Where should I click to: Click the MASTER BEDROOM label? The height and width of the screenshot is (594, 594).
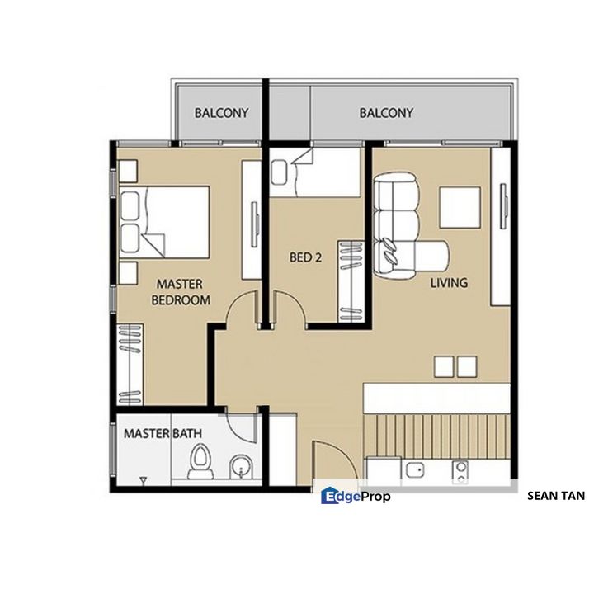tap(181, 292)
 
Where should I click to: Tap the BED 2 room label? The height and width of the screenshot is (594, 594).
tap(306, 257)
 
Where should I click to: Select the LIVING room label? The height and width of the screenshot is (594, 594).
tap(449, 283)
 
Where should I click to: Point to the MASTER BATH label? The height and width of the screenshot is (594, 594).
tap(163, 433)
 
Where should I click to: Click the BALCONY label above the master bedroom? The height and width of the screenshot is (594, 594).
tap(221, 113)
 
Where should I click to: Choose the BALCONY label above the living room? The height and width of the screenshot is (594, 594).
tap(386, 113)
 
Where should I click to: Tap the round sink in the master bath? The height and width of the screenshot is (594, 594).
tap(241, 467)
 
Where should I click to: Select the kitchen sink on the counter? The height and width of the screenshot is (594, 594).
tap(415, 470)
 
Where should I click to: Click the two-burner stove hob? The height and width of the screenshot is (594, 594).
tap(460, 473)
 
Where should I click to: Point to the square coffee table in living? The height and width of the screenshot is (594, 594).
tap(460, 207)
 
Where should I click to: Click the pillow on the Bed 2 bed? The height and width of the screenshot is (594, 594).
tap(280, 172)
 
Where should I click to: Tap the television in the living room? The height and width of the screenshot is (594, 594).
tap(503, 206)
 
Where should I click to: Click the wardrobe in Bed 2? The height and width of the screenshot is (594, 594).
tap(351, 281)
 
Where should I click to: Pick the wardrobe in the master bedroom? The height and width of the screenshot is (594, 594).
tap(130, 365)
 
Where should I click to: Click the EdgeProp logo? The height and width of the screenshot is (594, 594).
tap(356, 496)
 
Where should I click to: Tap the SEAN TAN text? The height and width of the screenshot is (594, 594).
tap(556, 496)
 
